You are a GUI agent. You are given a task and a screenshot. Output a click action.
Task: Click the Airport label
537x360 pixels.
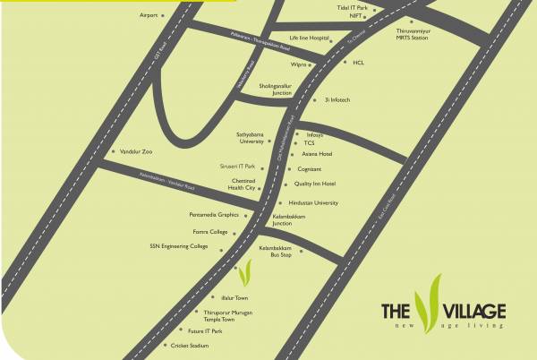(x=149, y=15)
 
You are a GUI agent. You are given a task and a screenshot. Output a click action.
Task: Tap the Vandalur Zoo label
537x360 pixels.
(x=134, y=153)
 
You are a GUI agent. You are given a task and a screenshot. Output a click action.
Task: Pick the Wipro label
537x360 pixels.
(x=300, y=64)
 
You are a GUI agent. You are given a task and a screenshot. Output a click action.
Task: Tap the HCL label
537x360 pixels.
(x=359, y=64)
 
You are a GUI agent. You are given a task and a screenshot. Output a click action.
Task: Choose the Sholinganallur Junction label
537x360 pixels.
(x=276, y=90)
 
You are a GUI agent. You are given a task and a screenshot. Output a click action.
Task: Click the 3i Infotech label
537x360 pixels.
(x=337, y=99)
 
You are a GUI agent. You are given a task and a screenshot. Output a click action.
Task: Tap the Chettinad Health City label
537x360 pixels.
(x=242, y=184)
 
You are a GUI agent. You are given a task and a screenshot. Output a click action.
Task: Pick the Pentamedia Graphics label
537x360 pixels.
(x=214, y=215)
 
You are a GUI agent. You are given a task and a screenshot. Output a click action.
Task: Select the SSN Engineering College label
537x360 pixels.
(x=179, y=246)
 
